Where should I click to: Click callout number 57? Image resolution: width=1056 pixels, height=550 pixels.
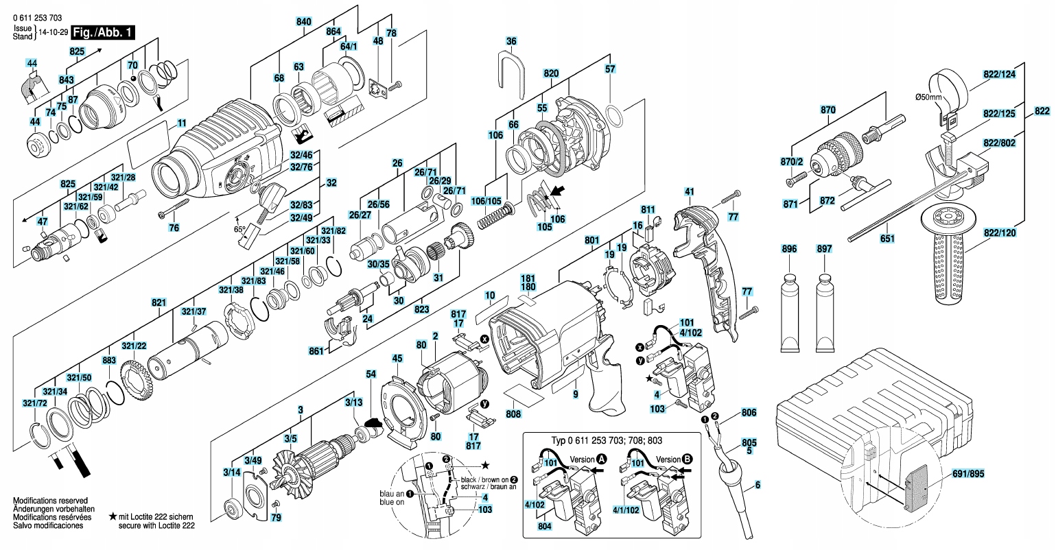[x=610, y=69]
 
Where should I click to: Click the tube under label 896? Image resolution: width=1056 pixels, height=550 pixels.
[x=790, y=309]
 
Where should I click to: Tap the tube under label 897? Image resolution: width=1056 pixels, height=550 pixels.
[x=824, y=309]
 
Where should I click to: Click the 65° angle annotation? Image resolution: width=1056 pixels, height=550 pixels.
[x=239, y=230]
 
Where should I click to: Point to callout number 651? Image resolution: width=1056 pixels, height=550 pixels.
[x=887, y=239]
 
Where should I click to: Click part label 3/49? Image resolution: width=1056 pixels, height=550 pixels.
[x=253, y=459]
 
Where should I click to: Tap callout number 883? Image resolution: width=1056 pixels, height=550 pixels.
[x=109, y=360]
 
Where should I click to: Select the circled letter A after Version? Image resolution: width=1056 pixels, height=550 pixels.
[x=602, y=458]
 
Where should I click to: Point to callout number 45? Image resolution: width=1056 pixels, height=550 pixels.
[x=397, y=357]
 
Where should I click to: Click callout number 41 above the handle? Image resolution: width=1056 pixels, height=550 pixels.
[x=690, y=191]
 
